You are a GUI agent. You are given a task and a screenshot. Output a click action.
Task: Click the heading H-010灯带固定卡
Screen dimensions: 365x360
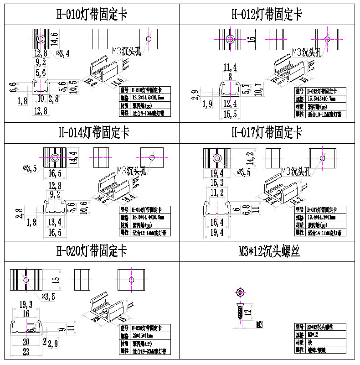(x=91, y=14)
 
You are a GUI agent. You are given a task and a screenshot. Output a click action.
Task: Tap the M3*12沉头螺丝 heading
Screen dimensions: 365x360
(x=269, y=251)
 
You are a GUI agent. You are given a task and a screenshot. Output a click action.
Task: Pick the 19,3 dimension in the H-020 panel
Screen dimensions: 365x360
(x=26, y=304)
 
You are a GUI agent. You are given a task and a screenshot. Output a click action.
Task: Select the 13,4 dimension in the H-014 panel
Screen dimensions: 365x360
(x=54, y=222)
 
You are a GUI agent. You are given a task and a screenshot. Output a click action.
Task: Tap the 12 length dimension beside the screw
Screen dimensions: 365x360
(x=247, y=313)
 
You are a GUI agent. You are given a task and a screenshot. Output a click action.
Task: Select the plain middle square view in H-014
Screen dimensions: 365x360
(x=102, y=157)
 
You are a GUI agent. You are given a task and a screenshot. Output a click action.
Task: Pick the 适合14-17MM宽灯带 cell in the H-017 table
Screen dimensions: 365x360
(x=327, y=233)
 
